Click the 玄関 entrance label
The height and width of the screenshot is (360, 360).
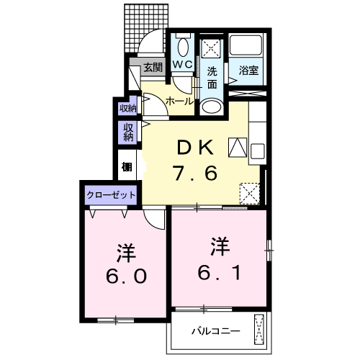tap(153, 68)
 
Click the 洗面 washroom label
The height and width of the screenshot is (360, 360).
tap(212, 77)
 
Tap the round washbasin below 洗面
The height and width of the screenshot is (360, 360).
tap(212, 107)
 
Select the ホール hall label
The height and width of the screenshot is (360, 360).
tap(179, 102)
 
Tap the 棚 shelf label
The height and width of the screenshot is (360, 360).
tap(127, 167)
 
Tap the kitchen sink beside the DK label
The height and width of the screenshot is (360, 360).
tap(237, 147)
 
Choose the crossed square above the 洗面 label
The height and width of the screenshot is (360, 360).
tap(212, 48)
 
